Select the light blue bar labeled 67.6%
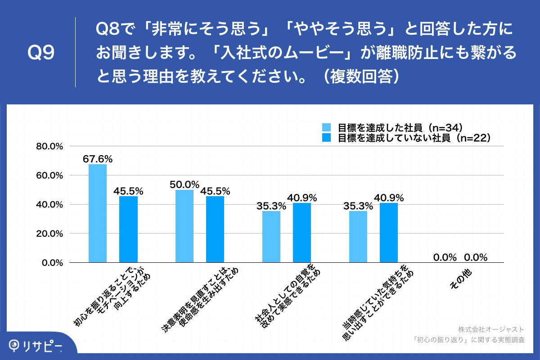click(x=98, y=213)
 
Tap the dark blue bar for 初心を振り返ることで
click(x=128, y=229)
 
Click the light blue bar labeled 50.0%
click(x=184, y=226)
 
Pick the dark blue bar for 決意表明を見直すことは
click(x=215, y=229)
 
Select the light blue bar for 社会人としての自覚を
click(x=271, y=237)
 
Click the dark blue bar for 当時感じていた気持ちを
click(x=389, y=233)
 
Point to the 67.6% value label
click(x=98, y=159)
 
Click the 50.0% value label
click(x=184, y=184)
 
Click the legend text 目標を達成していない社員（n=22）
click(x=414, y=138)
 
